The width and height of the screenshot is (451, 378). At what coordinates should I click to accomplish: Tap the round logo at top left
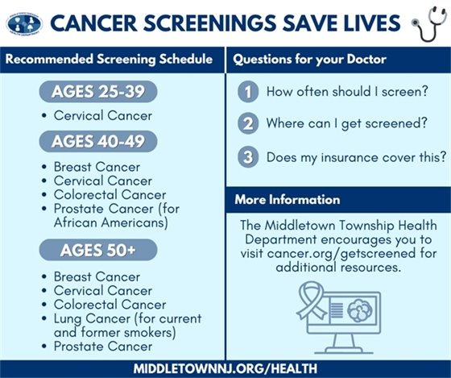[24, 23]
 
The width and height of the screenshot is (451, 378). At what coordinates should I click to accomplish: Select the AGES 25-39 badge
[98, 92]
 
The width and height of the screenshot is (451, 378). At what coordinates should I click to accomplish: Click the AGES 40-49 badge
[98, 142]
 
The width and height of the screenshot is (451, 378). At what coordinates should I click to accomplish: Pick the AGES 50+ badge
[98, 251]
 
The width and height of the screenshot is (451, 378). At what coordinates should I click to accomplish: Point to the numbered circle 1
[249, 92]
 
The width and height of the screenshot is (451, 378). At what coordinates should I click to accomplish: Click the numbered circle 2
[249, 124]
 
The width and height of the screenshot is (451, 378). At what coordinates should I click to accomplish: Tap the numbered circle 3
[249, 156]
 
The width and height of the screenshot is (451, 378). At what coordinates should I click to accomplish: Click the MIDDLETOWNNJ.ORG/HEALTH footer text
[225, 368]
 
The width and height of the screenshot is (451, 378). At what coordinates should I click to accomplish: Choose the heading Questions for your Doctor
[298, 60]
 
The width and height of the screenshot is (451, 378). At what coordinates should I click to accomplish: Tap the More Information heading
[288, 199]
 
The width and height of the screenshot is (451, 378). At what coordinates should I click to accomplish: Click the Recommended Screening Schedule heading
[110, 60]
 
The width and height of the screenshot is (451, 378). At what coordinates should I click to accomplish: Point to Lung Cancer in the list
[90, 319]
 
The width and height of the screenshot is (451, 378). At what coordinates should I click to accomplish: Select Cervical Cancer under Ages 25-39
[102, 116]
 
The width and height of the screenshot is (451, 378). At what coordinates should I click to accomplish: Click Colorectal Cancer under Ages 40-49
[110, 194]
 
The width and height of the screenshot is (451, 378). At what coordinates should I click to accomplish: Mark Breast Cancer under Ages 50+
[97, 276]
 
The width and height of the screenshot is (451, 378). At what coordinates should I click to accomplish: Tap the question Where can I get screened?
[345, 124]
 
